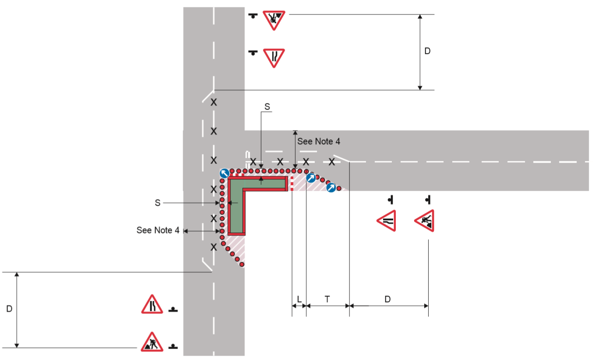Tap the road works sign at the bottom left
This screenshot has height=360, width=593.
pos(152,342)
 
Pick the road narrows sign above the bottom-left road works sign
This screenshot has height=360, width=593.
pos(152,304)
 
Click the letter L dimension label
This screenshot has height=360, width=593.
pos(299,299)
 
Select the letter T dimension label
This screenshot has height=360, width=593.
pos(327,299)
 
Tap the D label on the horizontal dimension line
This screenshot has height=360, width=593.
pos(387,299)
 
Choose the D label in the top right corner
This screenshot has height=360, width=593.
pos(427,51)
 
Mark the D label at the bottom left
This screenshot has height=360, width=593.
pos(9,309)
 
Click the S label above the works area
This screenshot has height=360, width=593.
pos(267,107)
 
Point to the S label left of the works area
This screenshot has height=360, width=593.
pos(157,203)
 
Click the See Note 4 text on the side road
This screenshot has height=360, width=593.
pos(319,142)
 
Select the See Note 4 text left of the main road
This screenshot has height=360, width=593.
pos(158,230)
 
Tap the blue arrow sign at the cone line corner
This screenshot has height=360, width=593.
pos(224,173)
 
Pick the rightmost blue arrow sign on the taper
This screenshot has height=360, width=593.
pos(331,188)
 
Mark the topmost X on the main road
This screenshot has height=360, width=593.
pos(213,103)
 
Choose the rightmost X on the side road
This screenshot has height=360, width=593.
pos(332,162)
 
